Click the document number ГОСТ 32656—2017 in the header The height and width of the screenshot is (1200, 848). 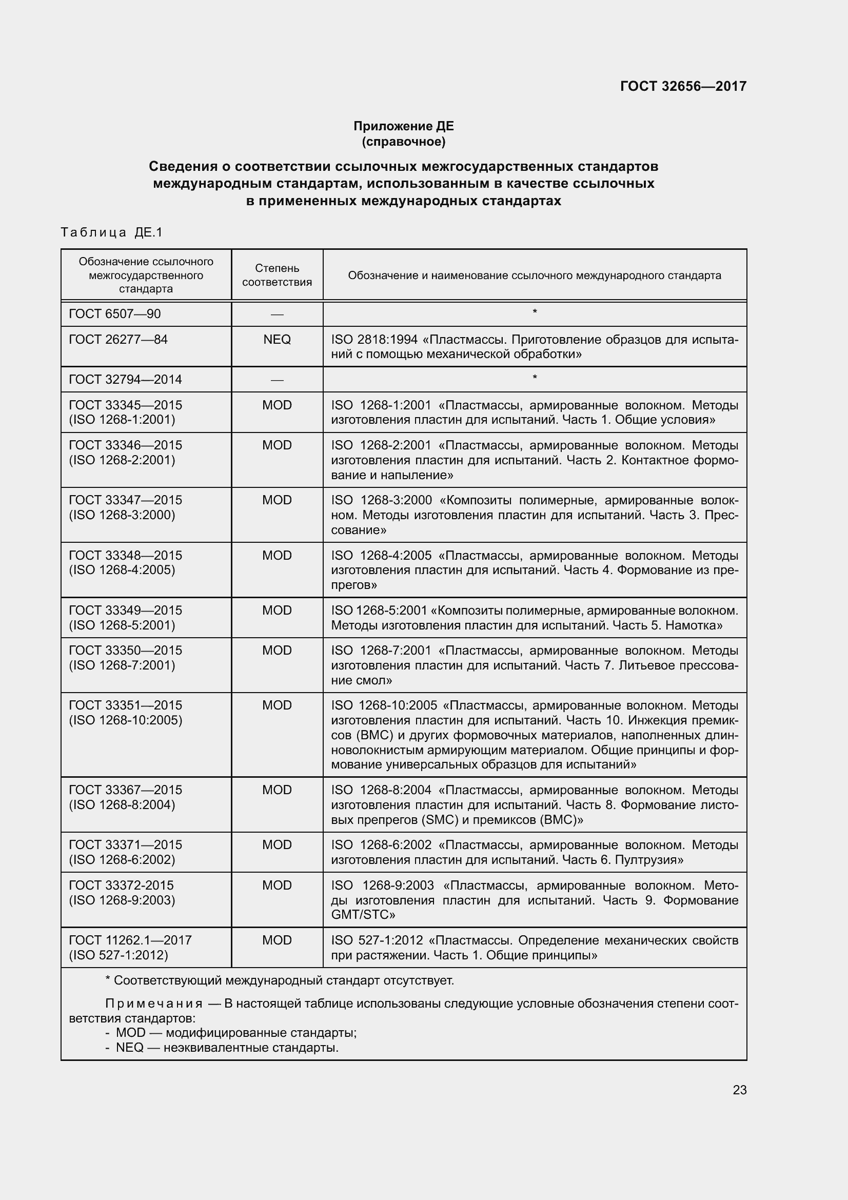coord(683,86)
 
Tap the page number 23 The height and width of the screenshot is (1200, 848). coord(739,1090)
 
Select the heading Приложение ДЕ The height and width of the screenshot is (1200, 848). coord(403,126)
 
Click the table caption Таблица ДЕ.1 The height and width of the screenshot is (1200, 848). coord(112,232)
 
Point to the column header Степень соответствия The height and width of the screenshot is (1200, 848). coord(277,275)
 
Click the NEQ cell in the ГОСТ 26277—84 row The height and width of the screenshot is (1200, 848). coord(277,340)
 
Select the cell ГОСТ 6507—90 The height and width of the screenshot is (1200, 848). coord(115,313)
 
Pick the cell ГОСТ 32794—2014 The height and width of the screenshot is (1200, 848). coord(125,380)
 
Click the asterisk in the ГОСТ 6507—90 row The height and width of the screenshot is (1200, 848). coord(535,312)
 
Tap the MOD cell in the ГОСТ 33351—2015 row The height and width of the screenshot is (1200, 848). coord(277,705)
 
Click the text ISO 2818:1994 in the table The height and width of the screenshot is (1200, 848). coord(374,340)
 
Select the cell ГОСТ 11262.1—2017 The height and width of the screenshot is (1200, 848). coord(130,940)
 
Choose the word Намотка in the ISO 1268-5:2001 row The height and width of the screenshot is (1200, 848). coord(692,625)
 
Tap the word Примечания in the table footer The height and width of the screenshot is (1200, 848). coord(153,1004)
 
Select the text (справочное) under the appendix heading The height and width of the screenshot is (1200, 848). coord(403,142)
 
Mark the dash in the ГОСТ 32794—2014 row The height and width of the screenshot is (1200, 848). coord(277,380)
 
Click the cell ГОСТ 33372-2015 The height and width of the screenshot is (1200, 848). coord(121,886)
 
